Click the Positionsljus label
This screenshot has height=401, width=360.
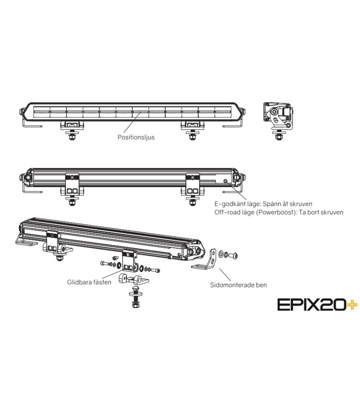(x=136, y=137)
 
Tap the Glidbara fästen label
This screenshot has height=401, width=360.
(x=89, y=282)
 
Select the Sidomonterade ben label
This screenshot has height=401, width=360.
(x=238, y=285)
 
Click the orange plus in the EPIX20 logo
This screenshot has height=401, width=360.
(x=352, y=305)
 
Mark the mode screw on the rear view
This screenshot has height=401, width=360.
(x=225, y=181)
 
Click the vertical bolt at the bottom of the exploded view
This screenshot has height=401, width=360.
(x=135, y=297)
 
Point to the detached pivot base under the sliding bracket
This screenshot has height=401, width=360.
(x=134, y=279)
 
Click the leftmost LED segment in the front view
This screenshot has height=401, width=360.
(x=42, y=112)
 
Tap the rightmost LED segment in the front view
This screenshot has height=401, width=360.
(x=223, y=112)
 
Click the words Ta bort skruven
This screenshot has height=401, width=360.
(x=321, y=212)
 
